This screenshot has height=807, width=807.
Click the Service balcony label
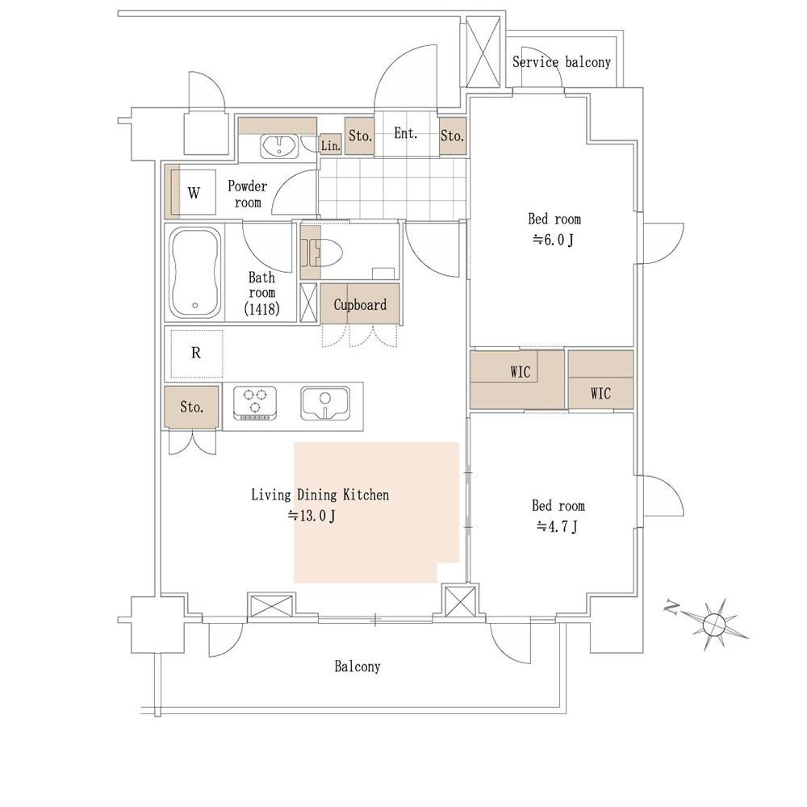tap(562, 62)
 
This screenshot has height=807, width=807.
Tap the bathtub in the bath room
tap(195, 272)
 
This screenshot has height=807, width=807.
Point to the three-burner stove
tap(255, 403)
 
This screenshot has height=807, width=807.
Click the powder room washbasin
tap(278, 146)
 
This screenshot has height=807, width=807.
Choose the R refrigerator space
tap(196, 353)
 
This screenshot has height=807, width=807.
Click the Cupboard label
tap(360, 305)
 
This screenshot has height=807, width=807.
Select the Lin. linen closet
tap(330, 144)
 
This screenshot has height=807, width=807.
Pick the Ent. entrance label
tap(406, 133)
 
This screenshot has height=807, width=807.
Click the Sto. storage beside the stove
tap(191, 407)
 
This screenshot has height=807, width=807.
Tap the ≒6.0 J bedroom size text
tap(553, 240)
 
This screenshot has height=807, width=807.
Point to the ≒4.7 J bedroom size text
tap(557, 526)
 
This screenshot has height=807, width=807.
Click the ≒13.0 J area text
tap(312, 515)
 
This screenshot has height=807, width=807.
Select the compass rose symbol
tap(714, 625)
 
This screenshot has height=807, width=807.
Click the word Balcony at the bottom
tap(358, 667)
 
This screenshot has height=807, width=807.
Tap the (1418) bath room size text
tap(261, 308)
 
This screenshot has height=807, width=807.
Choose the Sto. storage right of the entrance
tap(453, 136)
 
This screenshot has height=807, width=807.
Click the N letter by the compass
tap(671, 608)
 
